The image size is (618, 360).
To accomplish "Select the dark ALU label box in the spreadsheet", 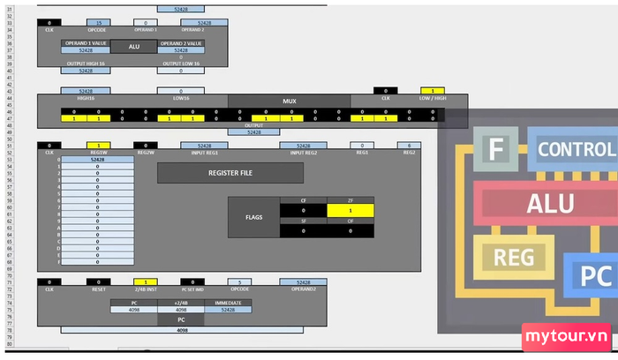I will click(134, 46).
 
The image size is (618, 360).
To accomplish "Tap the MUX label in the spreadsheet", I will click(289, 101).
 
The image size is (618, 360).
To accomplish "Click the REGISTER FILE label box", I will click(230, 173).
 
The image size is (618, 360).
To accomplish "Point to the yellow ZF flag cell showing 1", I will click(350, 211).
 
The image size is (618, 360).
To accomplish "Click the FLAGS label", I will click(252, 216).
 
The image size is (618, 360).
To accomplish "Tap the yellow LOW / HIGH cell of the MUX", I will click(433, 91).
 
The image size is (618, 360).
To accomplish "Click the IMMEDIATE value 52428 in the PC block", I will click(229, 310).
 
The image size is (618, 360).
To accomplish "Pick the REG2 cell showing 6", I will click(409, 145).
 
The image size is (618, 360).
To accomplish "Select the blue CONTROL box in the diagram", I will click(574, 149).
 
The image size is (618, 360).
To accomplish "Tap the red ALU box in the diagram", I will click(551, 204).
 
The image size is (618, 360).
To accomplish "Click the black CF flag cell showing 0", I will click(303, 211).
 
